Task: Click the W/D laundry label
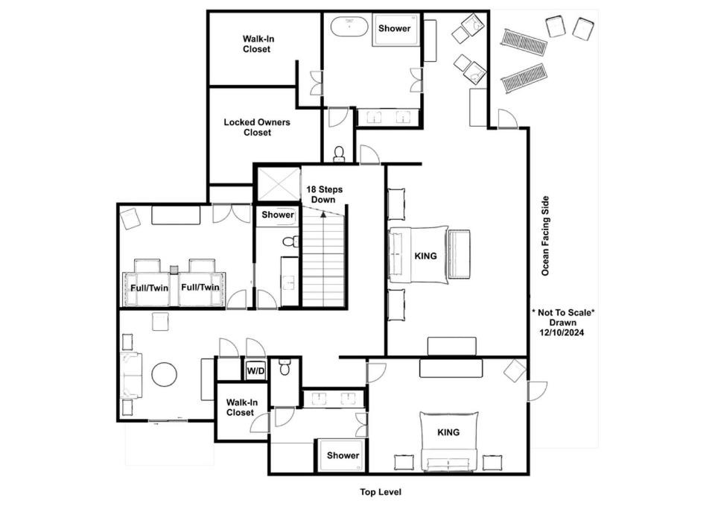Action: tap(255, 371)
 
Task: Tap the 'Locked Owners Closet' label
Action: tap(257, 127)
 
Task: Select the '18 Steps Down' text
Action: tap(324, 195)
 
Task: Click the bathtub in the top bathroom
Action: tap(349, 27)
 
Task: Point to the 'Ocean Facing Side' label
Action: tap(545, 236)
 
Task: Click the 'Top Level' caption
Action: tap(381, 492)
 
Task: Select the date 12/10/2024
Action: tap(562, 332)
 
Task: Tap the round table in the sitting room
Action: tap(164, 374)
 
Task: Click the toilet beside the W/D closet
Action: tap(285, 367)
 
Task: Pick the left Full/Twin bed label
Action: tap(149, 288)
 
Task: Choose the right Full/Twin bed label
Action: tap(200, 287)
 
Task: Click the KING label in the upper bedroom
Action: tap(425, 256)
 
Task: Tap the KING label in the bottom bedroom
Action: tap(448, 432)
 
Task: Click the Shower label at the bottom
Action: tap(343, 455)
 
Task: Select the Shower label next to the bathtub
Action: tap(395, 28)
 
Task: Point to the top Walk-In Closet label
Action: tap(258, 44)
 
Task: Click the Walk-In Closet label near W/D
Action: tap(241, 408)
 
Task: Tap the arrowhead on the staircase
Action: tap(323, 214)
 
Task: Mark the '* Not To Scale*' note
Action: tap(563, 312)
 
